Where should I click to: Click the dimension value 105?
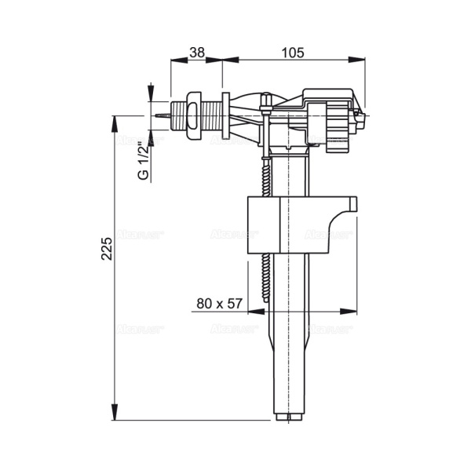[x=293, y=52]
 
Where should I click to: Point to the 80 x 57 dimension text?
[x=218, y=304]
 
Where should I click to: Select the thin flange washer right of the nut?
[x=226, y=116]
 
